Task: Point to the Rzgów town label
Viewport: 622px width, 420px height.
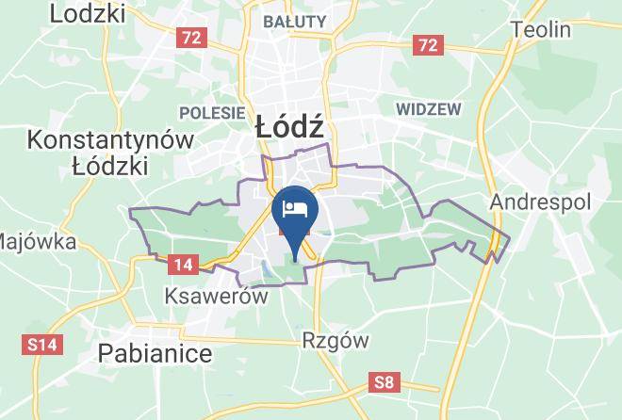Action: click(335, 340)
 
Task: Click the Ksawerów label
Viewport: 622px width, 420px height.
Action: click(215, 296)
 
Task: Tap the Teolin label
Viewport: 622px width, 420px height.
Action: click(541, 29)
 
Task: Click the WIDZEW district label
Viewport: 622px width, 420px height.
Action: click(429, 109)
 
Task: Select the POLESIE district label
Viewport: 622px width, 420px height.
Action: click(212, 113)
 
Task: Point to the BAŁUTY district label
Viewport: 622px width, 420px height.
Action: click(295, 21)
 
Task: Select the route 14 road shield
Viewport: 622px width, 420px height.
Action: click(184, 266)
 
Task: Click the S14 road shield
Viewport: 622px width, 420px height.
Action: click(43, 345)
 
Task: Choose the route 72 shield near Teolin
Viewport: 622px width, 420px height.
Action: click(428, 44)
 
